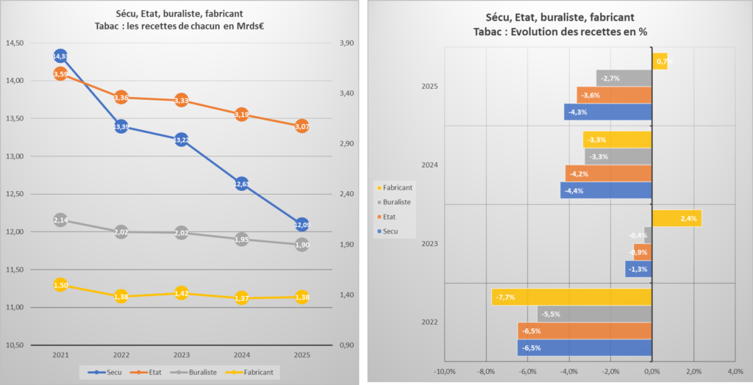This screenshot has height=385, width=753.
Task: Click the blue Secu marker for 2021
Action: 60,56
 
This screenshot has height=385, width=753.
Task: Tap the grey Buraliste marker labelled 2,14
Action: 60,220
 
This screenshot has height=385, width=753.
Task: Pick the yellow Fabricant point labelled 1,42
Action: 181,293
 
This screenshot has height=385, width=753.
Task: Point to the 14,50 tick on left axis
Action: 15,43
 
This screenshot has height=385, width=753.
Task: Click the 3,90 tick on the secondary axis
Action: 343,43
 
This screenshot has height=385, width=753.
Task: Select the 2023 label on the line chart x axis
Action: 181,355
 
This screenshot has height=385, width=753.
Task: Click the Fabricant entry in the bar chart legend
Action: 397,187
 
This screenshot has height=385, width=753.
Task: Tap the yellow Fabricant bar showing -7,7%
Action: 571,297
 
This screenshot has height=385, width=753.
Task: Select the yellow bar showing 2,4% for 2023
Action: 677,218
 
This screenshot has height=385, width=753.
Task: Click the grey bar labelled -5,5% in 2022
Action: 594,314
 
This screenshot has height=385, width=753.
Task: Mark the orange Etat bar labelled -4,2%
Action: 608,173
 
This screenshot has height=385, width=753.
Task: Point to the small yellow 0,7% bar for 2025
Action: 660,61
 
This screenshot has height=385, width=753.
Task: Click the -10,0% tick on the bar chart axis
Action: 445,371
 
